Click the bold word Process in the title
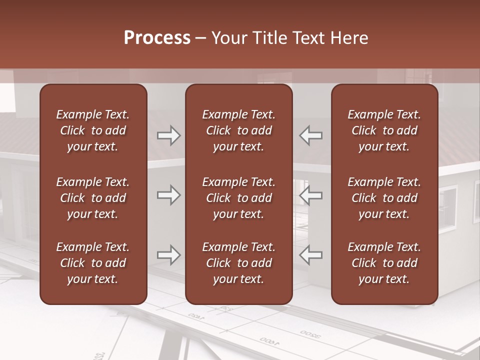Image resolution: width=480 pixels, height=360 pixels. pos(157,37)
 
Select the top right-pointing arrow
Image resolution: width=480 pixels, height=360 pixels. pos(168,135)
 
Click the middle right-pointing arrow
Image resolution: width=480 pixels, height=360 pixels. pos(168,195)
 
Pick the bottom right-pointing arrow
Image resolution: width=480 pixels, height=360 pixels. pos(168,255)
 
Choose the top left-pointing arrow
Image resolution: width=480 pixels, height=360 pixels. pos(311,135)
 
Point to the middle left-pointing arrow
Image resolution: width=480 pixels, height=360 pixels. pos(311,195)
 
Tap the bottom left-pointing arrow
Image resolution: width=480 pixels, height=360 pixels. pos(311,255)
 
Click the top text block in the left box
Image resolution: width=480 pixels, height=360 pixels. pos(93,130)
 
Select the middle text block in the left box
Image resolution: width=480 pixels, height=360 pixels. pos(93,198)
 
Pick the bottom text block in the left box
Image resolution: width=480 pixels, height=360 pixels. pos(93,263)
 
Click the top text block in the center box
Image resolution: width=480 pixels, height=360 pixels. pos(238,130)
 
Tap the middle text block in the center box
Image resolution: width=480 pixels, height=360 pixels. pos(238,198)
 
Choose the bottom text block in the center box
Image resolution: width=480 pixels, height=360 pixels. pos(238,263)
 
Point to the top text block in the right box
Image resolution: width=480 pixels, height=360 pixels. pos(384,130)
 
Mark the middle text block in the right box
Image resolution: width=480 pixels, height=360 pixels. pos(384,198)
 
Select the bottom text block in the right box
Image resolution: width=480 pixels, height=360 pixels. pos(384,263)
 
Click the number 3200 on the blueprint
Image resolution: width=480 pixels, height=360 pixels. pos(310,333)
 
